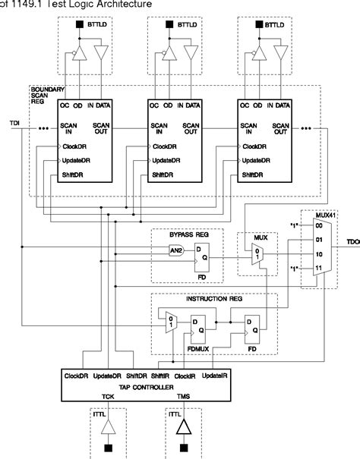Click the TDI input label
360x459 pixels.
coord(14,122)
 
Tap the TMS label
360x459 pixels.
coord(183,397)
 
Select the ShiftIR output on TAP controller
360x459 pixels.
coord(160,376)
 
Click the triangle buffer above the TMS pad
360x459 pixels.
coord(184,429)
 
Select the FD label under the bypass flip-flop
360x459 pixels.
coord(202,278)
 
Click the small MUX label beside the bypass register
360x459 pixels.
coord(249,237)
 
